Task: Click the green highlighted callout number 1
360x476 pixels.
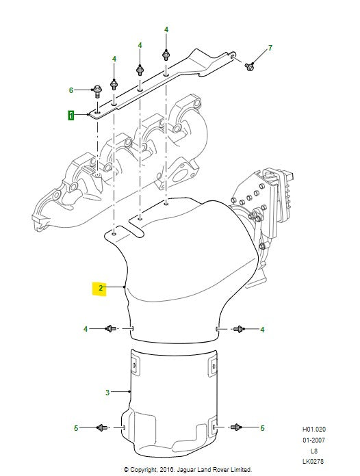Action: click(x=70, y=116)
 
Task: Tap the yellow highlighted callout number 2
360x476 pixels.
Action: click(x=101, y=288)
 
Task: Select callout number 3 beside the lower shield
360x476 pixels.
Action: click(x=107, y=393)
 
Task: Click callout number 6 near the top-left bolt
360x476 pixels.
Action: click(x=71, y=90)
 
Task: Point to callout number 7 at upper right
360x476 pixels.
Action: click(x=270, y=48)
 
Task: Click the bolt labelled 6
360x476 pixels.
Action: click(x=97, y=91)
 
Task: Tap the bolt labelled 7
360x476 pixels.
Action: click(x=249, y=66)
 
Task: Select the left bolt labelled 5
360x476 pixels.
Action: click(x=102, y=427)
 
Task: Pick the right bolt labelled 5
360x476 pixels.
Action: click(x=235, y=427)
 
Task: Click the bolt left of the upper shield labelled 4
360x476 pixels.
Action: click(x=111, y=328)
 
